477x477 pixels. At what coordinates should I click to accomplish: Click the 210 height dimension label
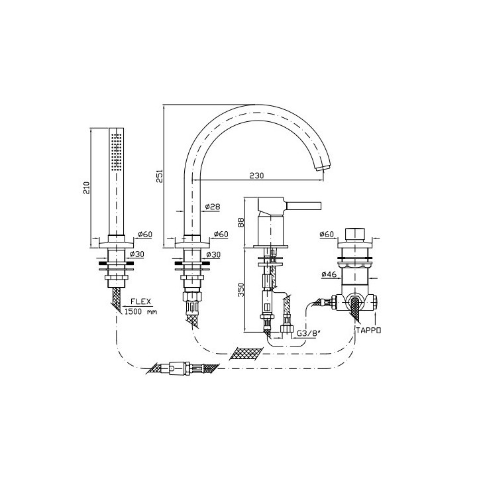coord(87,187)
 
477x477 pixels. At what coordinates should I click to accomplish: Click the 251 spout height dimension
coord(160,176)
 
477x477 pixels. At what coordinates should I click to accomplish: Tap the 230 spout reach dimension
coord(257,176)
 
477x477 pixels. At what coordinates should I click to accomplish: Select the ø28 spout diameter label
coord(213,207)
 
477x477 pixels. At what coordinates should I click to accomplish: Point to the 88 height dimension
coord(241,223)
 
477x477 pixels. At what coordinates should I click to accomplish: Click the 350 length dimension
coord(241,290)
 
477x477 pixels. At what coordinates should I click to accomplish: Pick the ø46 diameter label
coord(329,274)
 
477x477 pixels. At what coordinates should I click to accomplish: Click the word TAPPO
coord(368,330)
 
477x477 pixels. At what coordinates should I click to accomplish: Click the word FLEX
coord(141,301)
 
